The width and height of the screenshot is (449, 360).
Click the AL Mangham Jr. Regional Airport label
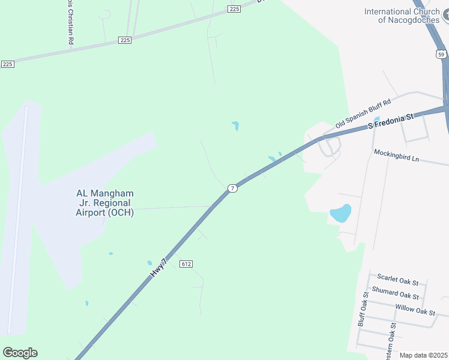pos(105,203)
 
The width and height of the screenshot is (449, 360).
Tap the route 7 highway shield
pos(232,188)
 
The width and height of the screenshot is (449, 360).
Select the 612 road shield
pos(185,263)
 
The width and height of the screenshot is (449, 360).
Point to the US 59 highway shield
pos(441,54)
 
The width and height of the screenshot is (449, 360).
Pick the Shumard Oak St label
pos(395,294)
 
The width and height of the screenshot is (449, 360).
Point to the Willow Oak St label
pos(415,310)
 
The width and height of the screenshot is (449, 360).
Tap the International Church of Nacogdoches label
pos(402,16)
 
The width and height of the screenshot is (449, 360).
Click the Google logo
pos(20,353)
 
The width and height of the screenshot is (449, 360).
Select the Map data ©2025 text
pos(423,355)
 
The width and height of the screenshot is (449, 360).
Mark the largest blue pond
pos(340,213)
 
